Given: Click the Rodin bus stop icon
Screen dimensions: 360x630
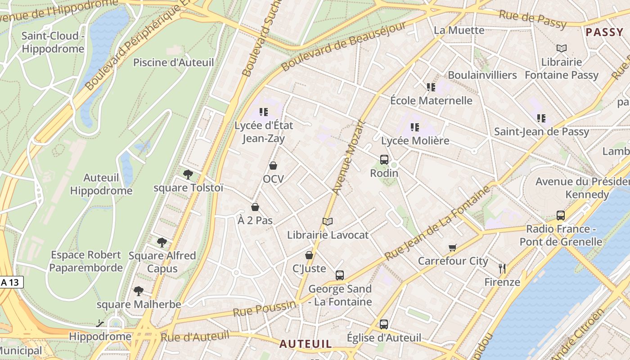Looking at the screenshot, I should tap(384, 159).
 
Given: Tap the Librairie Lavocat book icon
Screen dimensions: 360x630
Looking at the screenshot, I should tap(328, 221).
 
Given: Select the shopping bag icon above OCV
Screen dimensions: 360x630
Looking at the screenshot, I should tap(273, 166).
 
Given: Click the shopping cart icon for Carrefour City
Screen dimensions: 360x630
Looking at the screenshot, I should tap(453, 247).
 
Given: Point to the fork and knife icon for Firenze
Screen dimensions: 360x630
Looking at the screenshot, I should tap(502, 269).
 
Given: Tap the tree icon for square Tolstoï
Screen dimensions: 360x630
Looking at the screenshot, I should tap(188, 174).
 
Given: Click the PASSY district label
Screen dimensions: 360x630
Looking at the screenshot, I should tap(604, 32).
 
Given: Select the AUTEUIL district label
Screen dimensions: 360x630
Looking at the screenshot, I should tap(306, 344).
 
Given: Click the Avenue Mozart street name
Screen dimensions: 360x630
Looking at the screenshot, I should tap(348, 157).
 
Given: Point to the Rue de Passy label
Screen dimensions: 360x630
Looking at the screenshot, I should tap(532, 19).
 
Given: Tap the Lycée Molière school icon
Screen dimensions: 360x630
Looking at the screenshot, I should tap(415, 127).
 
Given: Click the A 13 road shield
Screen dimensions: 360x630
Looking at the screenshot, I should tap(11, 283).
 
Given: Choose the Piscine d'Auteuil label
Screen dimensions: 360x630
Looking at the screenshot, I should tap(173, 63).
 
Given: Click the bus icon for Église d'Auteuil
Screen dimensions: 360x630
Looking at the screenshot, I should tap(384, 324).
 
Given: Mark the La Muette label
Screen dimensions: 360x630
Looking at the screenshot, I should tap(459, 30).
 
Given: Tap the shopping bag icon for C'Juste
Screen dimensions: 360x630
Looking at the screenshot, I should tap(309, 255).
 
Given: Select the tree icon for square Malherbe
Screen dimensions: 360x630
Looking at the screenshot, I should tap(139, 291).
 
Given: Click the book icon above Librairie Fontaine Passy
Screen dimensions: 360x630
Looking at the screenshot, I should tap(561, 48).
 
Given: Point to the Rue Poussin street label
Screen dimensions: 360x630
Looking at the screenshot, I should tap(264, 309).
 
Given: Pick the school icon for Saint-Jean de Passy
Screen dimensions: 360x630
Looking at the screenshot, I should tap(541, 118).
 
